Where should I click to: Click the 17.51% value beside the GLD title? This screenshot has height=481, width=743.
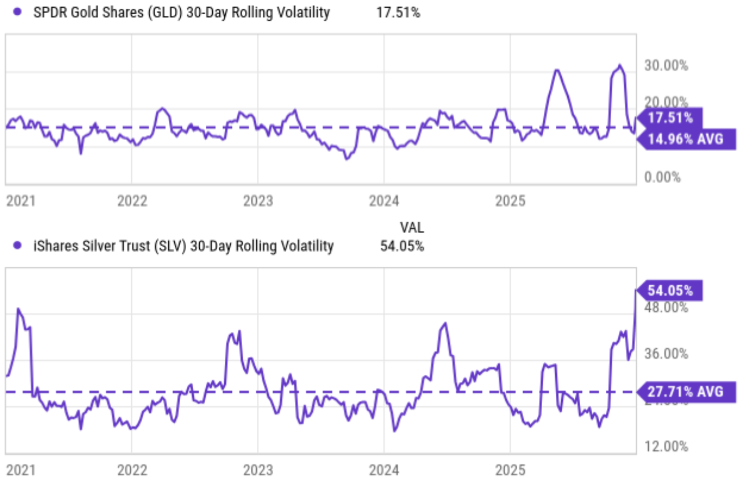pos(398,13)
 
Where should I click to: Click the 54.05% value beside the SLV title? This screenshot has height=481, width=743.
pos(402,246)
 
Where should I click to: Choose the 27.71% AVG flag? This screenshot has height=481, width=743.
pos(685,391)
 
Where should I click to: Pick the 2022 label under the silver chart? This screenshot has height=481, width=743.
pos(132,469)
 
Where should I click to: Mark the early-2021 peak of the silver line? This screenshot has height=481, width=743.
pos(19,309)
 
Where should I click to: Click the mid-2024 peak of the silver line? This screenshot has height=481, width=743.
pos(445,323)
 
